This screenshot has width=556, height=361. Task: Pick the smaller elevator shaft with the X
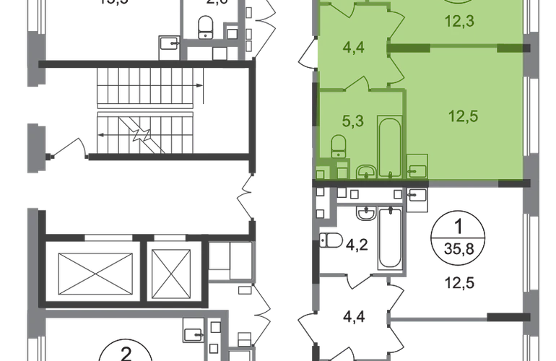click(x=172, y=267)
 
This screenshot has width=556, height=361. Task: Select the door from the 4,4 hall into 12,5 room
click(x=396, y=69)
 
